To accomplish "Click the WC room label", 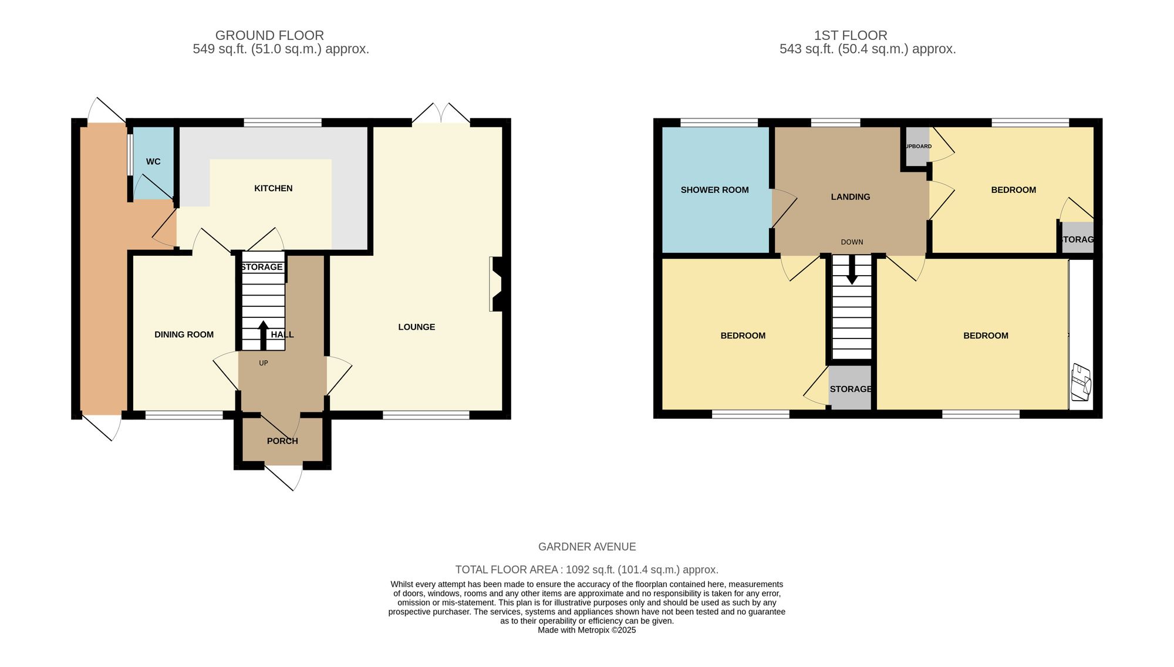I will [x=153, y=161].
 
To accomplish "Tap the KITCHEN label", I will [x=273, y=188].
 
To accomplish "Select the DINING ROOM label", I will [x=184, y=334].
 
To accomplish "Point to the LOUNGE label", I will [x=416, y=327].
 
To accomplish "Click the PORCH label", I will [x=282, y=441].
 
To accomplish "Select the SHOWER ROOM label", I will [x=714, y=190].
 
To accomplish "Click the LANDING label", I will [x=850, y=197].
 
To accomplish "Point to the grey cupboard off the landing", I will [x=917, y=146].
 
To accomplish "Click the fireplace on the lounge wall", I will [x=497, y=284].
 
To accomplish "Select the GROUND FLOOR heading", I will [x=269, y=35].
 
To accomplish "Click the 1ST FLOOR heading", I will [x=850, y=35].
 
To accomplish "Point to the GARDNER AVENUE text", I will [x=586, y=547].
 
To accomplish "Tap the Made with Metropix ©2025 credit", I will [x=586, y=630].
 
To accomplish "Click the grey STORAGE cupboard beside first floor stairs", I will [x=850, y=388].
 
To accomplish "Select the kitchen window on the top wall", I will [x=282, y=123].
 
